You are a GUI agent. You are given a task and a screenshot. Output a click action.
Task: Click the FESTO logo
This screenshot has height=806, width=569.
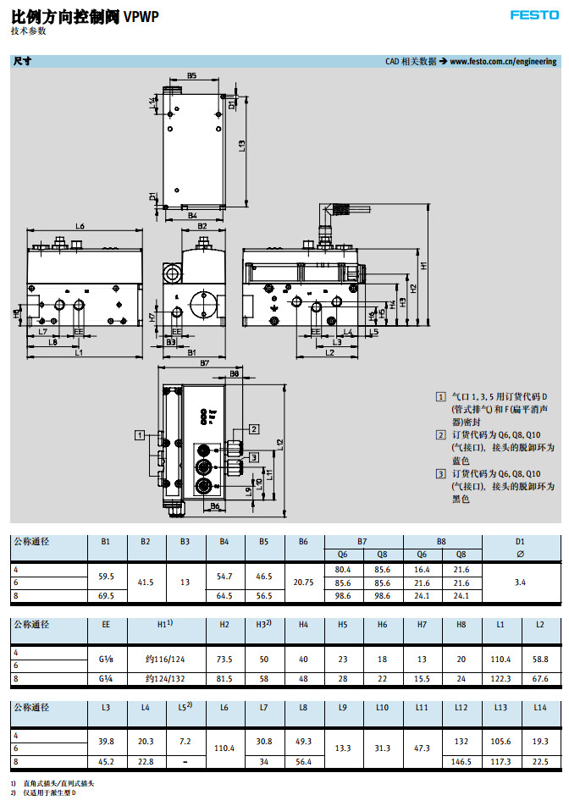coord(533,15)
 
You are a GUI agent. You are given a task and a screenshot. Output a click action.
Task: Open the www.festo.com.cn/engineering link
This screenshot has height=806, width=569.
coord(503,61)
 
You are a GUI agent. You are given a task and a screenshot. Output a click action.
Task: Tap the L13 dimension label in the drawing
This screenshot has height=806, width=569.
coord(241,146)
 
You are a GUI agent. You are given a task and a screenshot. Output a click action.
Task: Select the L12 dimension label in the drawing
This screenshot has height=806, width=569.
coord(280,444)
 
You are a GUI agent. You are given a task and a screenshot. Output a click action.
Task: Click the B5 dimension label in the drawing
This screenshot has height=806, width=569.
coord(192,76)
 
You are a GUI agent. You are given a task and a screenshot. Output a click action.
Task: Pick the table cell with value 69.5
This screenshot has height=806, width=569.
coord(106,596)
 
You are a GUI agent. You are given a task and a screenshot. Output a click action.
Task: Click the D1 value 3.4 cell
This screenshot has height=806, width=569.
coord(520,582)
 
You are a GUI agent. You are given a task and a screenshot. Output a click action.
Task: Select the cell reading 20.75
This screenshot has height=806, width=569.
coord(303,582)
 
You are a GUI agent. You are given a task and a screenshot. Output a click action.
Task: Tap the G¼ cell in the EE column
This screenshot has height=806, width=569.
coord(106,678)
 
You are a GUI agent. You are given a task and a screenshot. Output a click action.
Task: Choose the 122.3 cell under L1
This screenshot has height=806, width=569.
coord(500,678)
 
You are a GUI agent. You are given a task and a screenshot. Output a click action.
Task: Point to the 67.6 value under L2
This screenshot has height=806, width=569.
coord(539,678)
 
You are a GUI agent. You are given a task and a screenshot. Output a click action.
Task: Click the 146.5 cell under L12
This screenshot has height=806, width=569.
coord(461,761)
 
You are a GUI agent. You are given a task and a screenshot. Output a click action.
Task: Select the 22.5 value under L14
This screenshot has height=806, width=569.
coord(539,761)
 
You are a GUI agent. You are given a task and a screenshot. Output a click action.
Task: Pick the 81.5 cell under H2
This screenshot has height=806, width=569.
coord(224,678)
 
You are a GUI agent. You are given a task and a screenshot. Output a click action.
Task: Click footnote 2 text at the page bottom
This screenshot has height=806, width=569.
coord(51,793)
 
